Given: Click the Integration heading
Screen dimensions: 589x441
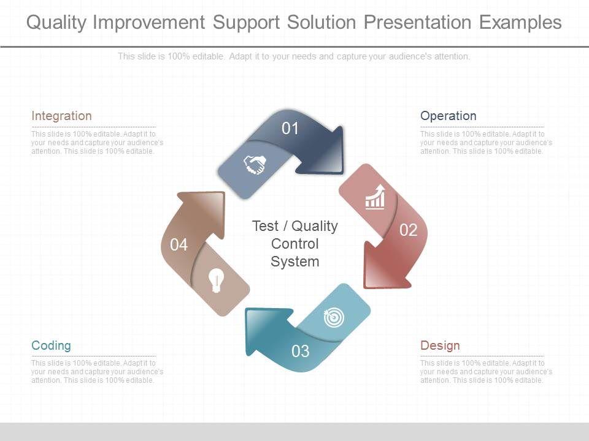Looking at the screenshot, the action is coord(61,116).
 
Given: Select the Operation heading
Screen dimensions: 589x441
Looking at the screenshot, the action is coord(448,116).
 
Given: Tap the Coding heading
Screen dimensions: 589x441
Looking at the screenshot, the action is coord(51,345).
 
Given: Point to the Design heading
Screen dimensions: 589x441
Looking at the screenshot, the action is coord(440,345).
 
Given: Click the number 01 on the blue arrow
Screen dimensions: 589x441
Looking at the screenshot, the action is coord(290,129).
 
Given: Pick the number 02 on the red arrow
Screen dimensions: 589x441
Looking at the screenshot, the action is coord(409,230).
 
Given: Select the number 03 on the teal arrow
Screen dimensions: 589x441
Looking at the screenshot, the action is coord(301,352).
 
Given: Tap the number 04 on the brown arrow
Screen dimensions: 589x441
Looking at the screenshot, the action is coord(179,245).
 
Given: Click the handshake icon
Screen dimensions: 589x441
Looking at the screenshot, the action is coord(255,164).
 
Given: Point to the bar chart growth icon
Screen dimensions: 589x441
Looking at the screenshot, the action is coord(375,197).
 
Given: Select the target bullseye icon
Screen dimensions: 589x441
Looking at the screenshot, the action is coord(334,318).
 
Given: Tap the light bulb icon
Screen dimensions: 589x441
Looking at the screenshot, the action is coord(217,280).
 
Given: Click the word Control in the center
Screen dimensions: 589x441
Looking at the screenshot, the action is coord(295,244).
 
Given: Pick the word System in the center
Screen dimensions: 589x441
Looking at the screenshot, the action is coord(295,262).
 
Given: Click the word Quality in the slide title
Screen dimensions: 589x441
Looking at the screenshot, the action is coord(56,23).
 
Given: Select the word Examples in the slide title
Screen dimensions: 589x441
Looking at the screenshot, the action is coord(520,23).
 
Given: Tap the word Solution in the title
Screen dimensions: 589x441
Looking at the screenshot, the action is coord(321,23).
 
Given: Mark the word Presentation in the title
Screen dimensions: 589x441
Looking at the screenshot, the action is coord(417,23).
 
